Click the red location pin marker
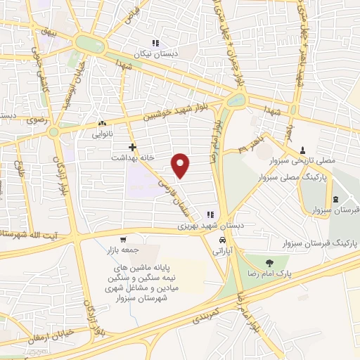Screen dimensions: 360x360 [181, 165]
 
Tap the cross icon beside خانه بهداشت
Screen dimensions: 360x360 [132, 147]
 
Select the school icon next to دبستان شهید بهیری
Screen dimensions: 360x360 [210, 214]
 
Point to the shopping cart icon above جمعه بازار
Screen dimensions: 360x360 [124, 238]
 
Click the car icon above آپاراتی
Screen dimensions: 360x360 [222, 238]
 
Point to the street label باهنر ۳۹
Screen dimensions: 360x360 [252, 146]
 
